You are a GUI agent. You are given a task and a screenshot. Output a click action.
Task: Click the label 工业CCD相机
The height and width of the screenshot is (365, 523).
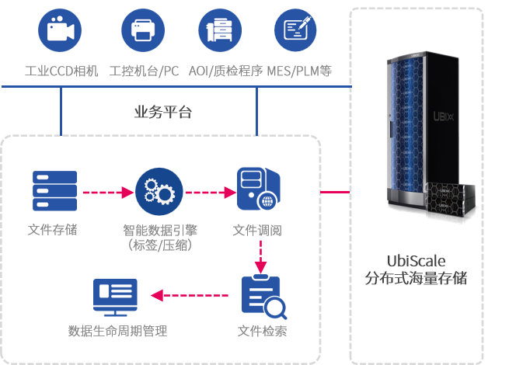61,71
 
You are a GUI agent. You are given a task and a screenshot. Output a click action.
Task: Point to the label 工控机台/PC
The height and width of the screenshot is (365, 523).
145,71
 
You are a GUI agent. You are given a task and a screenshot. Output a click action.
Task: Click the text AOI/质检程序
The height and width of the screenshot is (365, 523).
221,71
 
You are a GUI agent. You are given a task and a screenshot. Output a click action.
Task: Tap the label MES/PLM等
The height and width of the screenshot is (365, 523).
299,71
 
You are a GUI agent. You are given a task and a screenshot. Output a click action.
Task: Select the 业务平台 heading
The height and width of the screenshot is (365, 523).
163,113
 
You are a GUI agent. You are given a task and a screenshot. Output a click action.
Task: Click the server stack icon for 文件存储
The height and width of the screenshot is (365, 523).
54,190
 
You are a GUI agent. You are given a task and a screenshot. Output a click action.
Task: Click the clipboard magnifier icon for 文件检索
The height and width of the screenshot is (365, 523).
263,296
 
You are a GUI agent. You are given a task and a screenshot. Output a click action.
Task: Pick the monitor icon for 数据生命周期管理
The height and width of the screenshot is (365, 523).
115,295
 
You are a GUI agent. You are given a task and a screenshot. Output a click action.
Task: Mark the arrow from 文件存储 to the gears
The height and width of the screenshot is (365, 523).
105,191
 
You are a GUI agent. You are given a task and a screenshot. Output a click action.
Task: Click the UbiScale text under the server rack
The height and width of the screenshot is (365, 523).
417,260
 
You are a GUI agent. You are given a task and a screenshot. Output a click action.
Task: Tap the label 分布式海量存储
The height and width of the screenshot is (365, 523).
417,278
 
